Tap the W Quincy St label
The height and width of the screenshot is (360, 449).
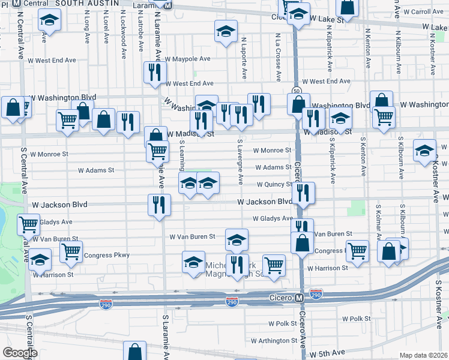[x=276, y=185]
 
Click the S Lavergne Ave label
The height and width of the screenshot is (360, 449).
[x=240, y=162]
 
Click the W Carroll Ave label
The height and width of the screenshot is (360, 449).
[x=423, y=11]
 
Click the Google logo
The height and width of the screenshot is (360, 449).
[x=20, y=353]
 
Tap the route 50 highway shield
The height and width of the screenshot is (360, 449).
[x=297, y=91]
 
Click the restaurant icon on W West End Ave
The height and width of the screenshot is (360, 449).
[x=154, y=73]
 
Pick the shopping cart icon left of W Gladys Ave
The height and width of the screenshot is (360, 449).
[x=29, y=224]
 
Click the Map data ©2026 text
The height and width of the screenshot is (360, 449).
[x=423, y=355]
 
